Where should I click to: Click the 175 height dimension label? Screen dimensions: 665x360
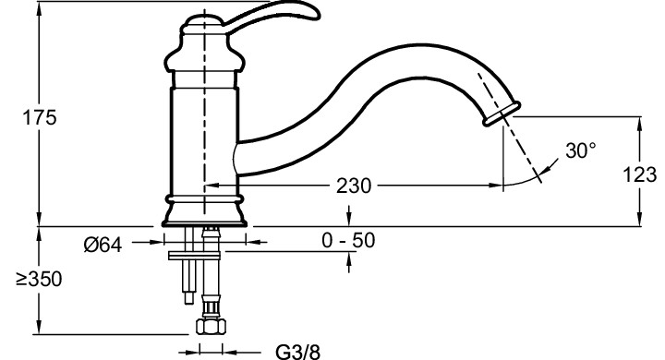pyautogui.click(x=39, y=117)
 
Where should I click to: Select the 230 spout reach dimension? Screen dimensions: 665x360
pyautogui.click(x=353, y=186)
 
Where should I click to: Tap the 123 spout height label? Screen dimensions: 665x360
pyautogui.click(x=639, y=174)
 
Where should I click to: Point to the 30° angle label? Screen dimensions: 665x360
pyautogui.click(x=581, y=150)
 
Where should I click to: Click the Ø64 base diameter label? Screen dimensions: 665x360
pyautogui.click(x=103, y=245)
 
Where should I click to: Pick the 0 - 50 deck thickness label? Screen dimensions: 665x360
pyautogui.click(x=348, y=240)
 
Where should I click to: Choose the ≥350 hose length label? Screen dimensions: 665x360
pyautogui.click(x=39, y=279)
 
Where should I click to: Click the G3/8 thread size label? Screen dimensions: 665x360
pyautogui.click(x=298, y=353)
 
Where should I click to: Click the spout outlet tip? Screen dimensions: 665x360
pyautogui.click(x=502, y=114)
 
